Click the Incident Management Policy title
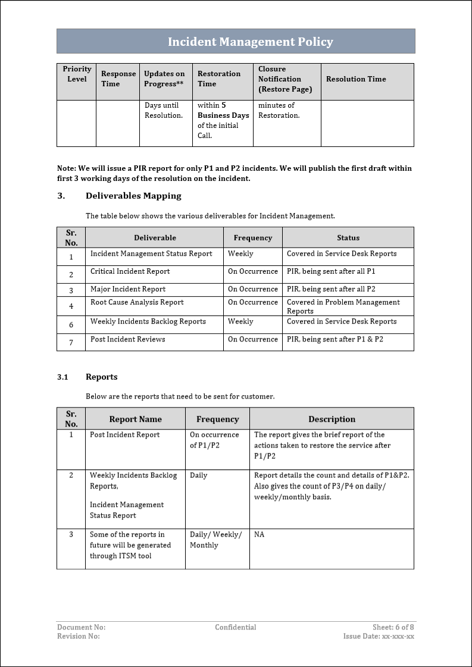tap(250, 42)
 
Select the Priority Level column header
tap(77, 74)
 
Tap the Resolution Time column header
tap(356, 79)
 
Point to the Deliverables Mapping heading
tap(133, 196)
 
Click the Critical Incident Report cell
tap(130, 271)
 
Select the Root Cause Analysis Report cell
tap(137, 302)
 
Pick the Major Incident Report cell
tap(128, 289)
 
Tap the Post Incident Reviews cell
tap(128, 339)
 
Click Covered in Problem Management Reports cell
tap(343, 306)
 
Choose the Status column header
tap(348, 238)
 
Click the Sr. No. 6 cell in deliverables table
tap(71, 325)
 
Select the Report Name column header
tap(135, 419)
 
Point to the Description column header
tap(332, 419)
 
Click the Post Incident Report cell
tap(125, 435)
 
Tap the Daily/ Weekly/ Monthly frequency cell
tap(215, 540)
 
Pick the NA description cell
tap(260, 535)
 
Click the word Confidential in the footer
tap(236, 627)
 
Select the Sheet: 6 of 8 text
tap(393, 627)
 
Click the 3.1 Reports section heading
tap(87, 377)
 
